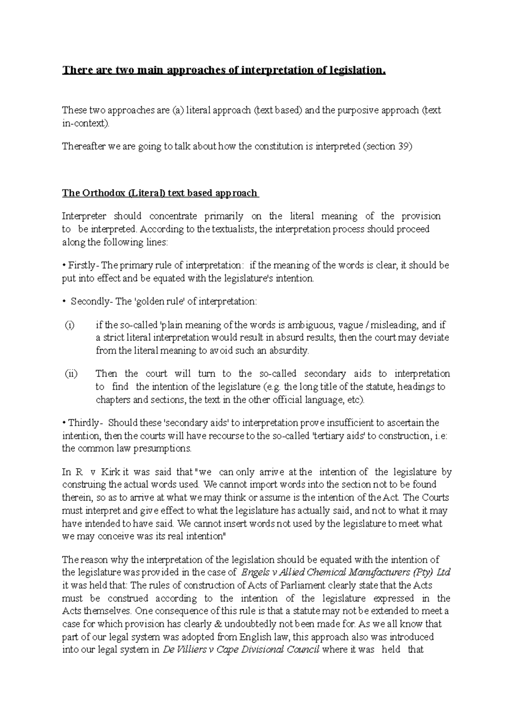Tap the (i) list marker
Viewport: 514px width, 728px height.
pyautogui.click(x=69, y=325)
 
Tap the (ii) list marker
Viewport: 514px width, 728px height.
pyautogui.click(x=71, y=374)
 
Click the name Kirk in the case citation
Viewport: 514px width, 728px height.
pyautogui.click(x=111, y=472)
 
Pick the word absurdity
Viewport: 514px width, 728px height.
pyautogui.click(x=289, y=351)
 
